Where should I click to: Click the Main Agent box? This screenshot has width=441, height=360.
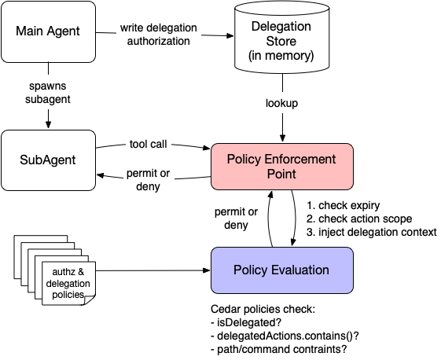tap(50, 33)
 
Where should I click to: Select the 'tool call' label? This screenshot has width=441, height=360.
tap(148, 144)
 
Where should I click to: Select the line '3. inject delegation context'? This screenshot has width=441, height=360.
tap(370, 232)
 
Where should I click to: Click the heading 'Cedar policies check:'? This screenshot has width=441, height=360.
tap(262, 310)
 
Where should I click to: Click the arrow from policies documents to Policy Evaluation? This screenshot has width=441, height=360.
tap(153, 270)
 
